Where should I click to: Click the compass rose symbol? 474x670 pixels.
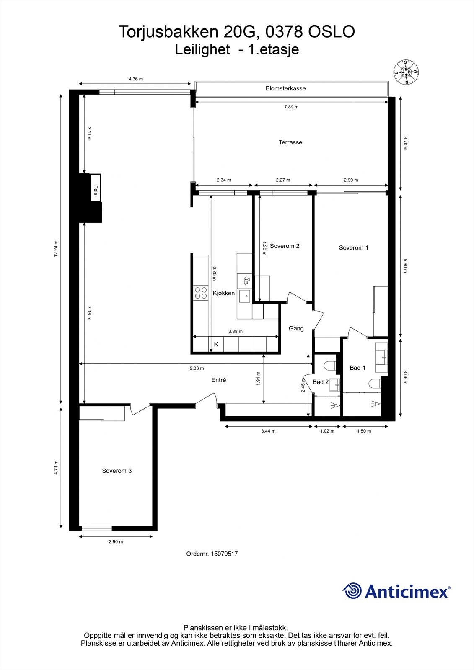pos(405,72)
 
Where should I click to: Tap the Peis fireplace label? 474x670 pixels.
pos(96,190)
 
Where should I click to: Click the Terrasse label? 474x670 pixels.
pos(290,142)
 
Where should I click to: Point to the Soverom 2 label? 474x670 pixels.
pos(285,246)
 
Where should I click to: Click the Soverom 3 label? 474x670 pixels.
pos(117,471)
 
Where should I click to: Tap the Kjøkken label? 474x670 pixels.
pos(224,293)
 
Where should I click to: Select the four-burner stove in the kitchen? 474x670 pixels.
pos(201,292)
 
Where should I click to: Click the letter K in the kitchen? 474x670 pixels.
pos(216,345)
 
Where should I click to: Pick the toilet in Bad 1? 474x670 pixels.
pos(374,383)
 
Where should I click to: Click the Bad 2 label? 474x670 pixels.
pos(321,382)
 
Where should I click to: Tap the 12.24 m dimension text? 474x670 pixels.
pos(56,249)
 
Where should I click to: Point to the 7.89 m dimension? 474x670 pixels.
pos(291,107)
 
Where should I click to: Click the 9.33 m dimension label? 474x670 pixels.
pos(197,368)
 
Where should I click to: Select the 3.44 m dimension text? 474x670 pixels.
pos(268,431)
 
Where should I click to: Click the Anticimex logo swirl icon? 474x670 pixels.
pos(352,591)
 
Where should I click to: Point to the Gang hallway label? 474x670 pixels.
pos(296,328)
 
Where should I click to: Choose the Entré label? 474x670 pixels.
pos(219,380)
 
